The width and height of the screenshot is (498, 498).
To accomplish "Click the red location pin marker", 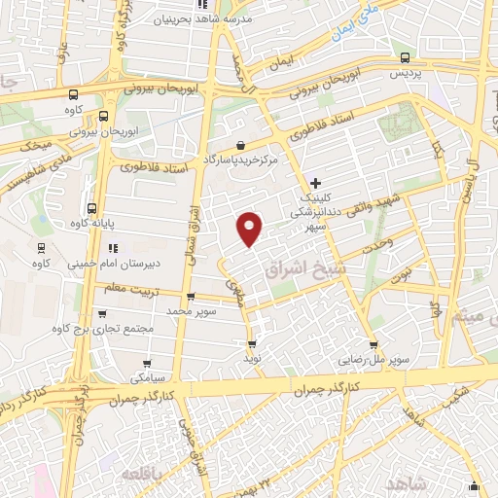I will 251,228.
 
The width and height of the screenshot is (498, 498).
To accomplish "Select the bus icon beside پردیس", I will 405,58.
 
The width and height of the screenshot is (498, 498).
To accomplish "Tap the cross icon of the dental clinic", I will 314,182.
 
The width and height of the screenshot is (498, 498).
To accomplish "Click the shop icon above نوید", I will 252,344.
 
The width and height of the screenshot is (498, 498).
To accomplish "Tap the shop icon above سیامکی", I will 135,360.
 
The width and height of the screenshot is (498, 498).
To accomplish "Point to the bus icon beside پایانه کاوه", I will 91,208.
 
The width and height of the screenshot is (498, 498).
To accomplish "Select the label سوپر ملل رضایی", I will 373,360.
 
